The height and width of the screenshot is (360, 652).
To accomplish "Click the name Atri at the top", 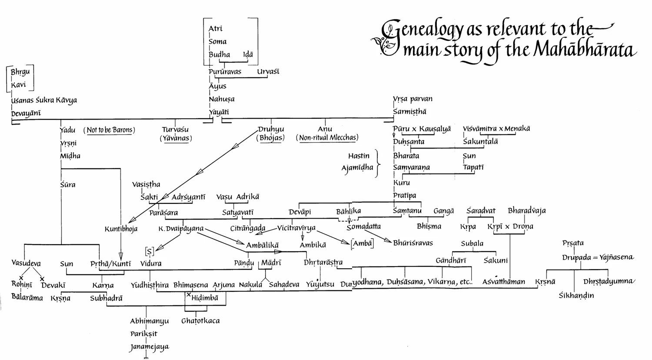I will click(215, 29).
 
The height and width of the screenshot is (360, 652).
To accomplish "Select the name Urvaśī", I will click(268, 72).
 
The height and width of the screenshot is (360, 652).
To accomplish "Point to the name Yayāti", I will click(219, 112).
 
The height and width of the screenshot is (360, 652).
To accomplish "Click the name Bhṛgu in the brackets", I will click(20, 72).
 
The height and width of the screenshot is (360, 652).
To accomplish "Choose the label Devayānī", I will click(26, 113).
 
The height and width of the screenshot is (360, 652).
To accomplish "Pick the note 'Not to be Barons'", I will click(110, 130).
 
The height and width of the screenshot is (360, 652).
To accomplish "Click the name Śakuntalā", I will click(481, 142).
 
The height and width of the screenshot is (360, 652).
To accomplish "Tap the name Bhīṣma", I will click(429, 227).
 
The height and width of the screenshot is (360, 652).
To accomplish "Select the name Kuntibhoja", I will click(121, 229).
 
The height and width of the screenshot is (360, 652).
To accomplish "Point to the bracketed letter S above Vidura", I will click(150, 251).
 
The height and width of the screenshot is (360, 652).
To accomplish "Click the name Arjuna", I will click(223, 285).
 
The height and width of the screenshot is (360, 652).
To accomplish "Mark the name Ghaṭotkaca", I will click(200, 321).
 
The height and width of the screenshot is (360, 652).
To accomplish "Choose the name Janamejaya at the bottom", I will click(149, 347).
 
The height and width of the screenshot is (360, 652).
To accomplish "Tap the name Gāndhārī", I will click(451, 261).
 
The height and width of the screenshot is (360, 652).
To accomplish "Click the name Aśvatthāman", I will click(503, 282).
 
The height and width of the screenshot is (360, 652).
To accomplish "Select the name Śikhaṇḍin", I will click(576, 296).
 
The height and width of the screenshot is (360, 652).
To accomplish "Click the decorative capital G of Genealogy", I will click(390, 37).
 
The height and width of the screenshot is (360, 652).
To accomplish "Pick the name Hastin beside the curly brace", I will click(359, 156).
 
